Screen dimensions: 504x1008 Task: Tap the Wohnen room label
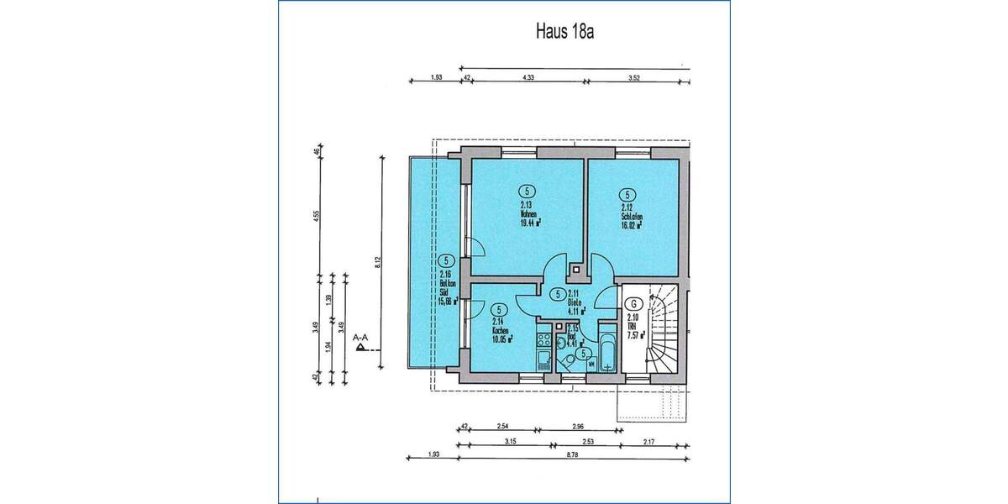pyautogui.click(x=528, y=214)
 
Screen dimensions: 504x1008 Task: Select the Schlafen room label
pyautogui.click(x=631, y=215)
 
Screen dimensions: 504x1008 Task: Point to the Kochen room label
pyautogui.click(x=499, y=329)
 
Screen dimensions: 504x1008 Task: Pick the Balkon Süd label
pyautogui.click(x=445, y=288)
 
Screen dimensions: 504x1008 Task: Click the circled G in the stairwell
pyautogui.click(x=635, y=303)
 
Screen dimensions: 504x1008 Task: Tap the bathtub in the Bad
pyautogui.click(x=607, y=354)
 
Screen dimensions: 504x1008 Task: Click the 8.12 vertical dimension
pyautogui.click(x=377, y=261)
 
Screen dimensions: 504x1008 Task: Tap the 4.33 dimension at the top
pyautogui.click(x=528, y=77)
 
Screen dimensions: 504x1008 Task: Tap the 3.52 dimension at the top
pyautogui.click(x=635, y=77)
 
